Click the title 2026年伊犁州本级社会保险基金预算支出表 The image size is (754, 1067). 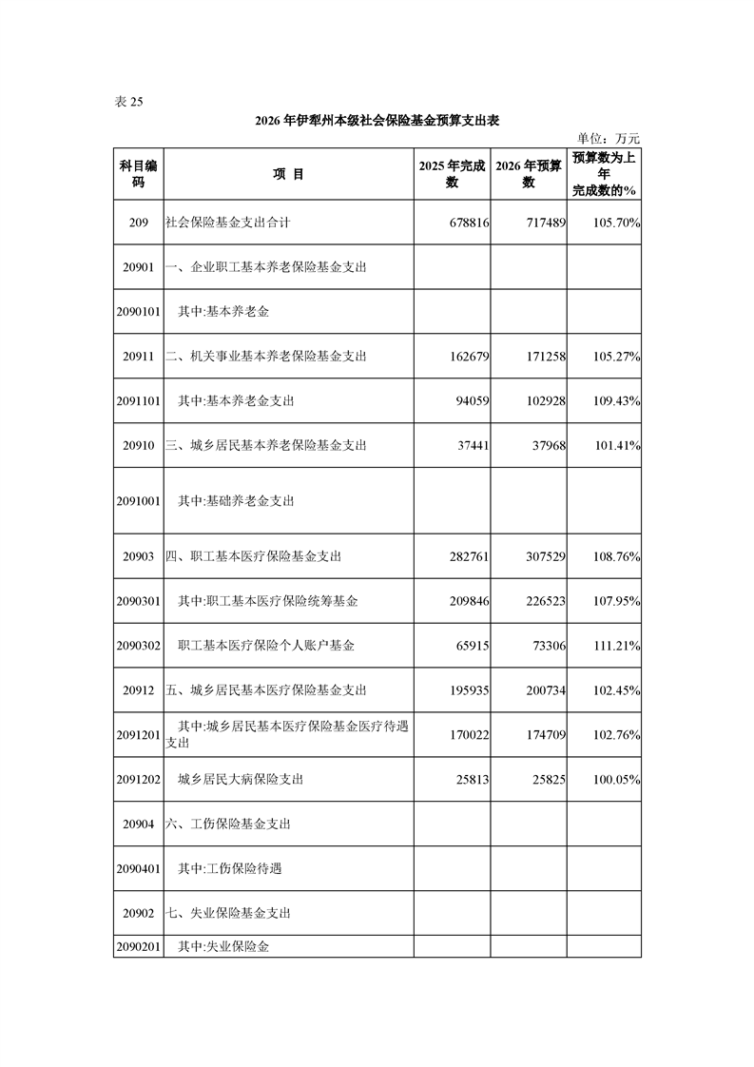point(377,121)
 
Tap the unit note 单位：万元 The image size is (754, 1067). point(615,139)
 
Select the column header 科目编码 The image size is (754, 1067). point(139,174)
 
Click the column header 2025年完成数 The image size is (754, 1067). point(453,174)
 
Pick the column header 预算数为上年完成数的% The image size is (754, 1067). point(604,174)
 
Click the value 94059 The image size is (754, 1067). point(472,401)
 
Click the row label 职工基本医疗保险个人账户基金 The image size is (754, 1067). point(266,646)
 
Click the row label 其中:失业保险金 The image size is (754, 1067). point(232,947)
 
